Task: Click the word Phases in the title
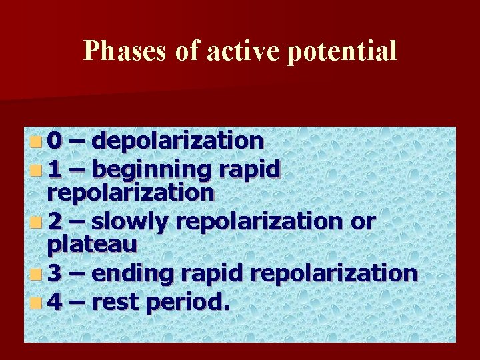tap(123, 51)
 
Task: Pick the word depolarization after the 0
tap(177, 141)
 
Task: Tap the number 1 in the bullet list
tap(55, 169)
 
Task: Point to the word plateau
tap(92, 245)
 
